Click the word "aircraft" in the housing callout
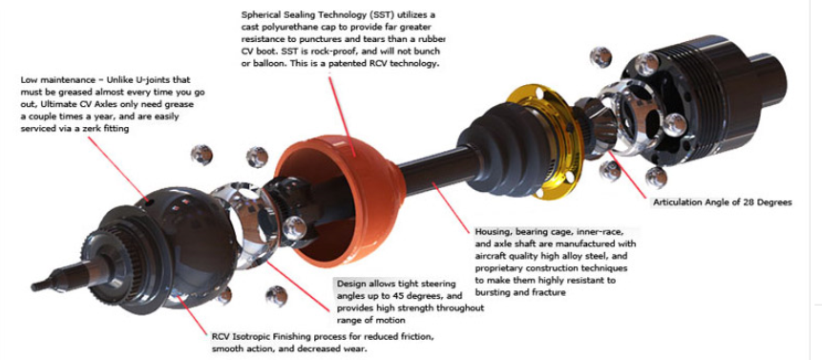(494, 257)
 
